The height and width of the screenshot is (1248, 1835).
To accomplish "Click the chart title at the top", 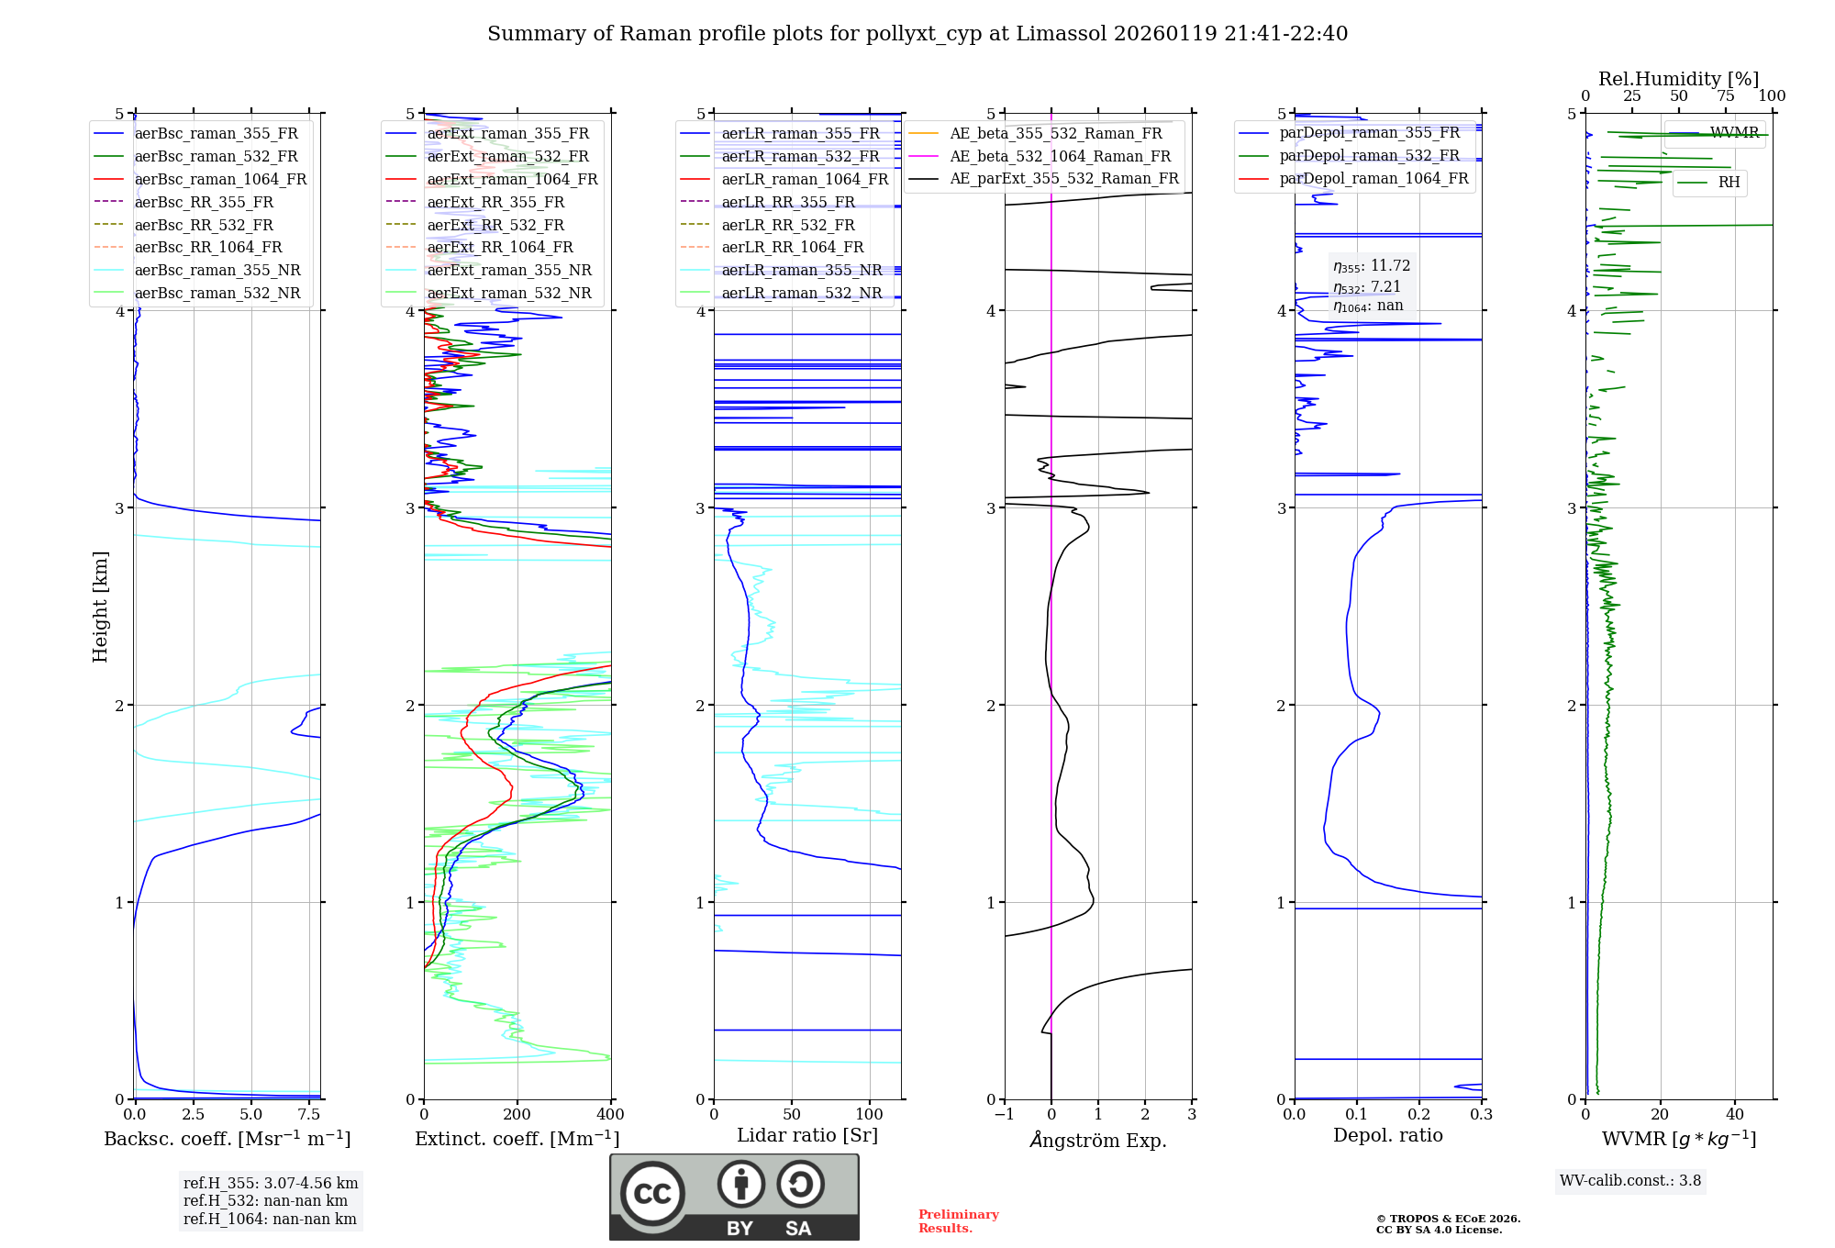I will pyautogui.click(x=917, y=34).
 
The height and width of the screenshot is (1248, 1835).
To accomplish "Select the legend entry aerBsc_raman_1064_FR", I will pyautogui.click(x=220, y=179).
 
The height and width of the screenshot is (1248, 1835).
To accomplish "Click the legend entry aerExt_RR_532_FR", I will pyautogui.click(x=495, y=225).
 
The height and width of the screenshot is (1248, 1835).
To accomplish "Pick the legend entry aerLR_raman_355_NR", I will pyautogui.click(x=801, y=270).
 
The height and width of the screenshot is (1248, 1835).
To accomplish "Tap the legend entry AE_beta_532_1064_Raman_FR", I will pyautogui.click(x=1060, y=156).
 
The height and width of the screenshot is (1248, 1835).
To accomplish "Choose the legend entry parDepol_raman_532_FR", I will pyautogui.click(x=1369, y=156).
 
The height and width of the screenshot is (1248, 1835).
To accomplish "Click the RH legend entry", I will pyautogui.click(x=1729, y=183).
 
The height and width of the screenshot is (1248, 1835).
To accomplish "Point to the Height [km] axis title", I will pyautogui.click(x=100, y=606).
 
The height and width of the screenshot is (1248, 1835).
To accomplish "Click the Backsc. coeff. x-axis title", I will pyautogui.click(x=228, y=1139).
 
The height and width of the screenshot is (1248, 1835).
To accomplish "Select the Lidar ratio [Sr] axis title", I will pyautogui.click(x=807, y=1135).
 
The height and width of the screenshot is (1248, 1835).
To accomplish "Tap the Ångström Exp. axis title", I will pyautogui.click(x=1098, y=1140).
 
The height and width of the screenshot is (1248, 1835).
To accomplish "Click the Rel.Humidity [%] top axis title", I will pyautogui.click(x=1679, y=79).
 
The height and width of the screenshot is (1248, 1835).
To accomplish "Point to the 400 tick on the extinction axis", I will pyautogui.click(x=611, y=1115).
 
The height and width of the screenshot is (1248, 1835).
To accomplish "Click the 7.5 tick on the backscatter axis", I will pyautogui.click(x=309, y=1115).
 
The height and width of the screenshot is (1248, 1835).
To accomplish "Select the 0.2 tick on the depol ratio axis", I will pyautogui.click(x=1419, y=1115).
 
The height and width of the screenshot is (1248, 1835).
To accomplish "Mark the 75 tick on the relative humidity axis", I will pyautogui.click(x=1726, y=96).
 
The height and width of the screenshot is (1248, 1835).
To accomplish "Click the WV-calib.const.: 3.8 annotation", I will pyautogui.click(x=1630, y=1181).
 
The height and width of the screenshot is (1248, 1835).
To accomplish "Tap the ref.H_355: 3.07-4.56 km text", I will pyautogui.click(x=271, y=1184).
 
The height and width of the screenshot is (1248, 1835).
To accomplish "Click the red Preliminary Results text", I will pyautogui.click(x=958, y=1221).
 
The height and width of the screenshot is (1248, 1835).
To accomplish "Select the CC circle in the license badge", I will pyautogui.click(x=653, y=1194).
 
